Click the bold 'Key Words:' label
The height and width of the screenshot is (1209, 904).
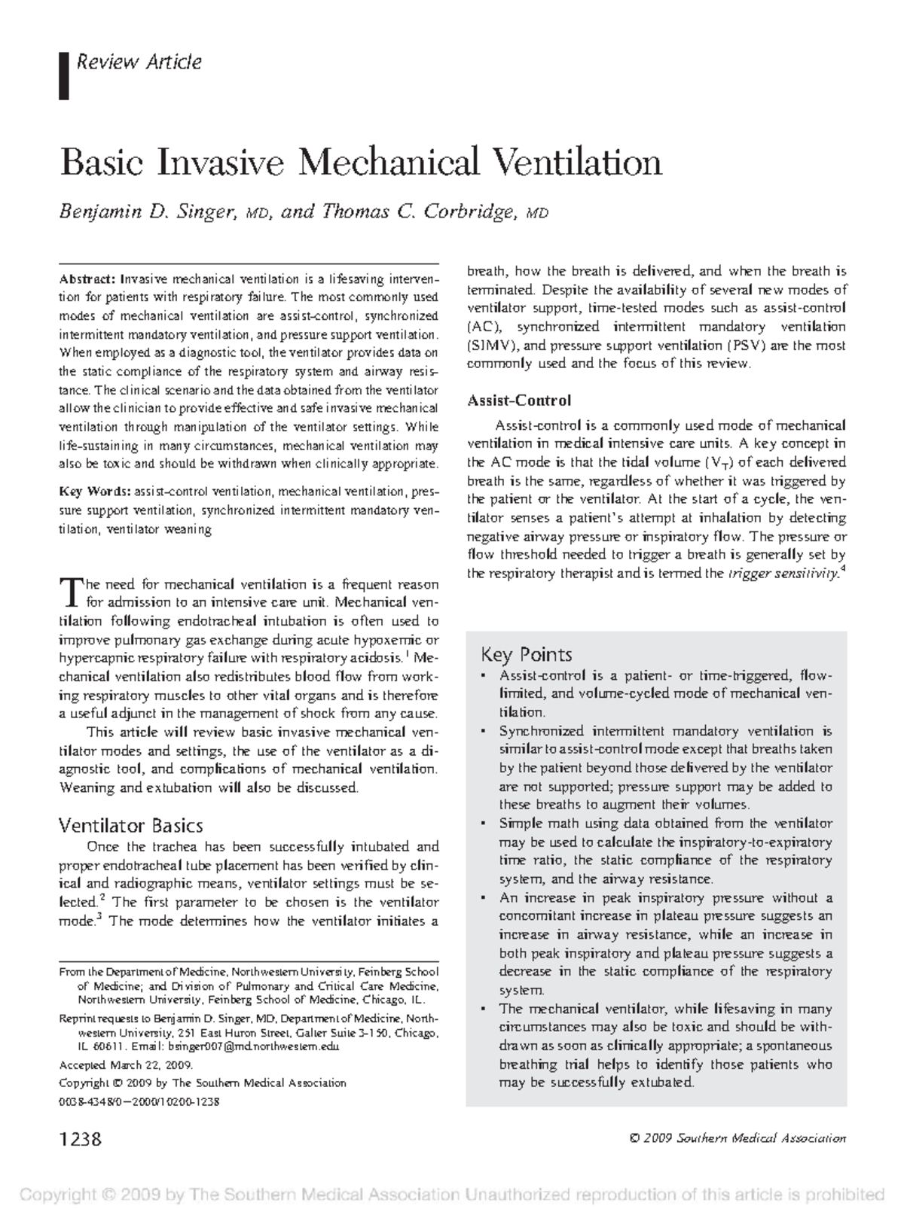click(x=96, y=492)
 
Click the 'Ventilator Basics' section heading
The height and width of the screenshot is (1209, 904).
click(x=130, y=825)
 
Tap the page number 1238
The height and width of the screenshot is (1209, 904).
click(x=80, y=1138)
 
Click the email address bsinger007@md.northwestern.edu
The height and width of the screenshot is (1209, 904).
click(x=254, y=1046)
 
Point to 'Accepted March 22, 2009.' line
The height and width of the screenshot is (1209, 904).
click(x=126, y=1065)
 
